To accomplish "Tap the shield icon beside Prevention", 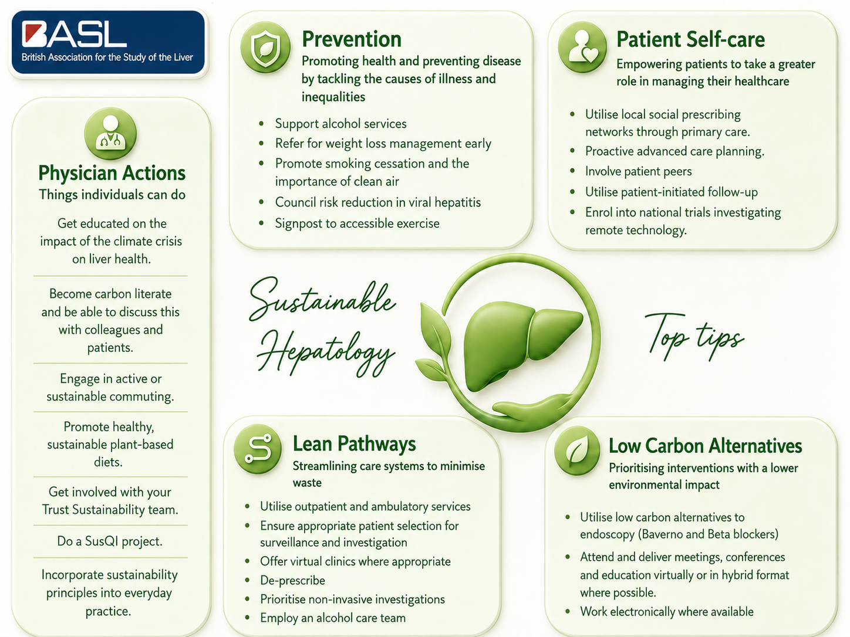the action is click(265, 48).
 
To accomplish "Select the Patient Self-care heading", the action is click(690, 39).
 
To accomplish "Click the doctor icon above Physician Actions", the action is click(110, 133).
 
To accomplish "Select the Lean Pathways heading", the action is click(354, 443).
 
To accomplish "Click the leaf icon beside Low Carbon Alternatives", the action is click(577, 450).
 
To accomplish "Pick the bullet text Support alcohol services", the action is click(341, 124).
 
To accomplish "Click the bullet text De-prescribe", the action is click(292, 580).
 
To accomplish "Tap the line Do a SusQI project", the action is click(110, 541).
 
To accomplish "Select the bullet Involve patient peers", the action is click(638, 171).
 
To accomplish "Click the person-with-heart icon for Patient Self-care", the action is click(582, 47).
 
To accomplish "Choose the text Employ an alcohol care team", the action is click(333, 618).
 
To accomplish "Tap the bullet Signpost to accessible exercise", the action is click(357, 223).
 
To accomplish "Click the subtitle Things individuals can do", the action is click(112, 195).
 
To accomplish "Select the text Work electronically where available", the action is click(666, 611).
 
